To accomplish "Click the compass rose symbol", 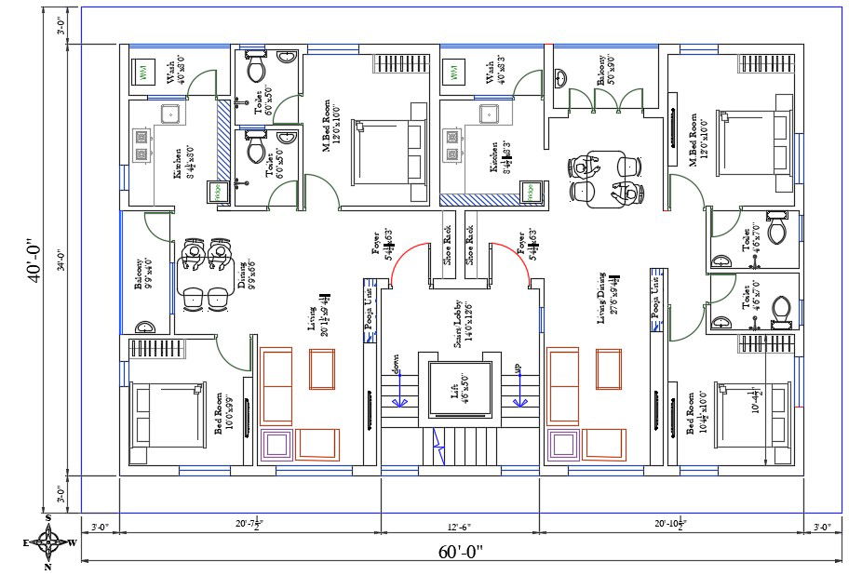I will point(47,541).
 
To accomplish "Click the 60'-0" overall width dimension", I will point(461,552).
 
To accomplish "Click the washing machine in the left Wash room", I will point(145,73).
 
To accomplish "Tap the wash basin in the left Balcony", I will point(146,328).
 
